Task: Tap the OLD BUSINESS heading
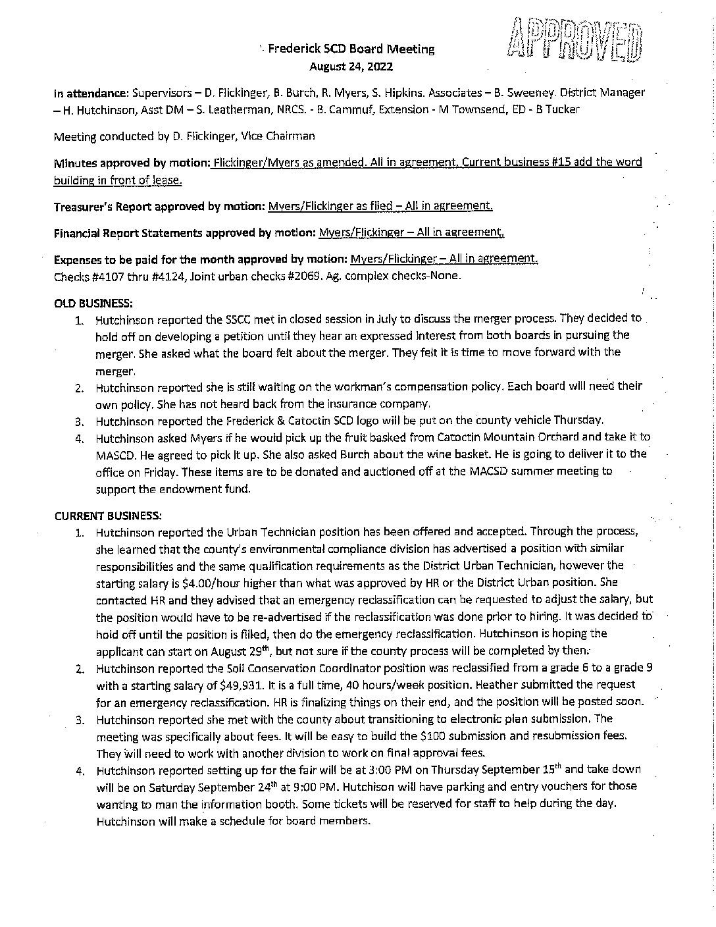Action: click(x=93, y=303)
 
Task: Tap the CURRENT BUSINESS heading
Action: click(x=108, y=514)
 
